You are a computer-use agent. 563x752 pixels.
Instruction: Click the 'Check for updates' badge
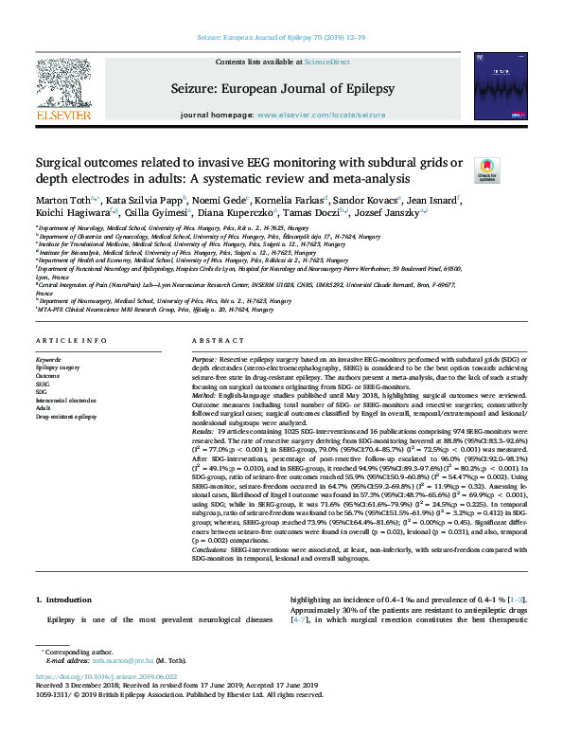pyautogui.click(x=512, y=170)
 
